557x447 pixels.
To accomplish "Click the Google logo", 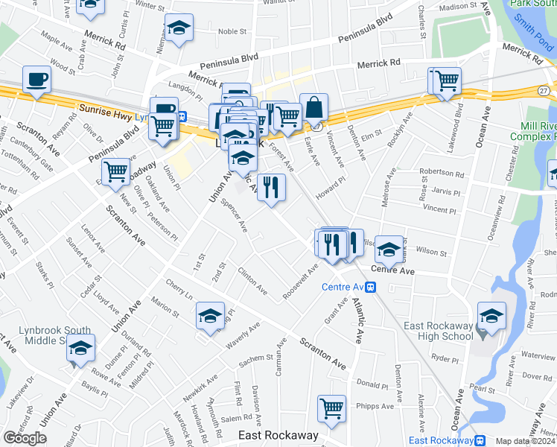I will (25, 438).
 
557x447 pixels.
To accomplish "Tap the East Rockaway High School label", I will (438, 331).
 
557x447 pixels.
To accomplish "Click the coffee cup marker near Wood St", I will (36, 79).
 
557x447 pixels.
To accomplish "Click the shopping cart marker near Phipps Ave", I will (331, 408).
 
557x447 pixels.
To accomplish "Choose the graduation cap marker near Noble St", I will (178, 28).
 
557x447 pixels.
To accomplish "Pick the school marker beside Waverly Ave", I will (211, 315).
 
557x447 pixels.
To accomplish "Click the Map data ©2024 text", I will (525, 441).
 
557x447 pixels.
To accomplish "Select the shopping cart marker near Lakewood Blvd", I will (447, 80).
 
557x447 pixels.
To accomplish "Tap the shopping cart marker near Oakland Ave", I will (116, 173).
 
